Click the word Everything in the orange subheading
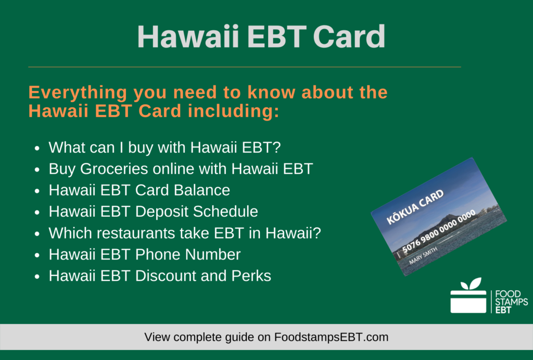pos(79,93)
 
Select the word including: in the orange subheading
pos(234,110)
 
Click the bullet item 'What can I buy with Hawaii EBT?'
pos(164,147)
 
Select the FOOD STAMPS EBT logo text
pos(511,302)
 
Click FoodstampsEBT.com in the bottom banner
pos(331,337)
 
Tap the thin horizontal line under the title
pos(244,67)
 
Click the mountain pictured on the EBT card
pos(458,203)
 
